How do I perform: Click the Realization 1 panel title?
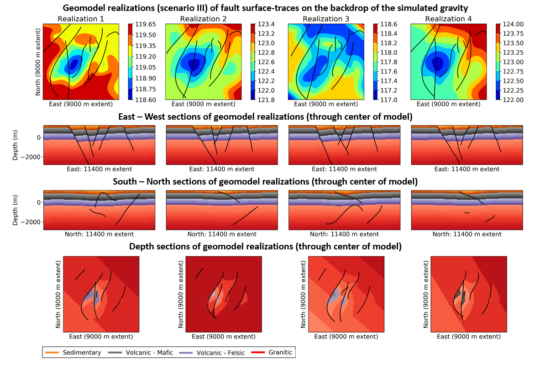pos(80,19)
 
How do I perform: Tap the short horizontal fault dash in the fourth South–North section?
pos(467,213)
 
